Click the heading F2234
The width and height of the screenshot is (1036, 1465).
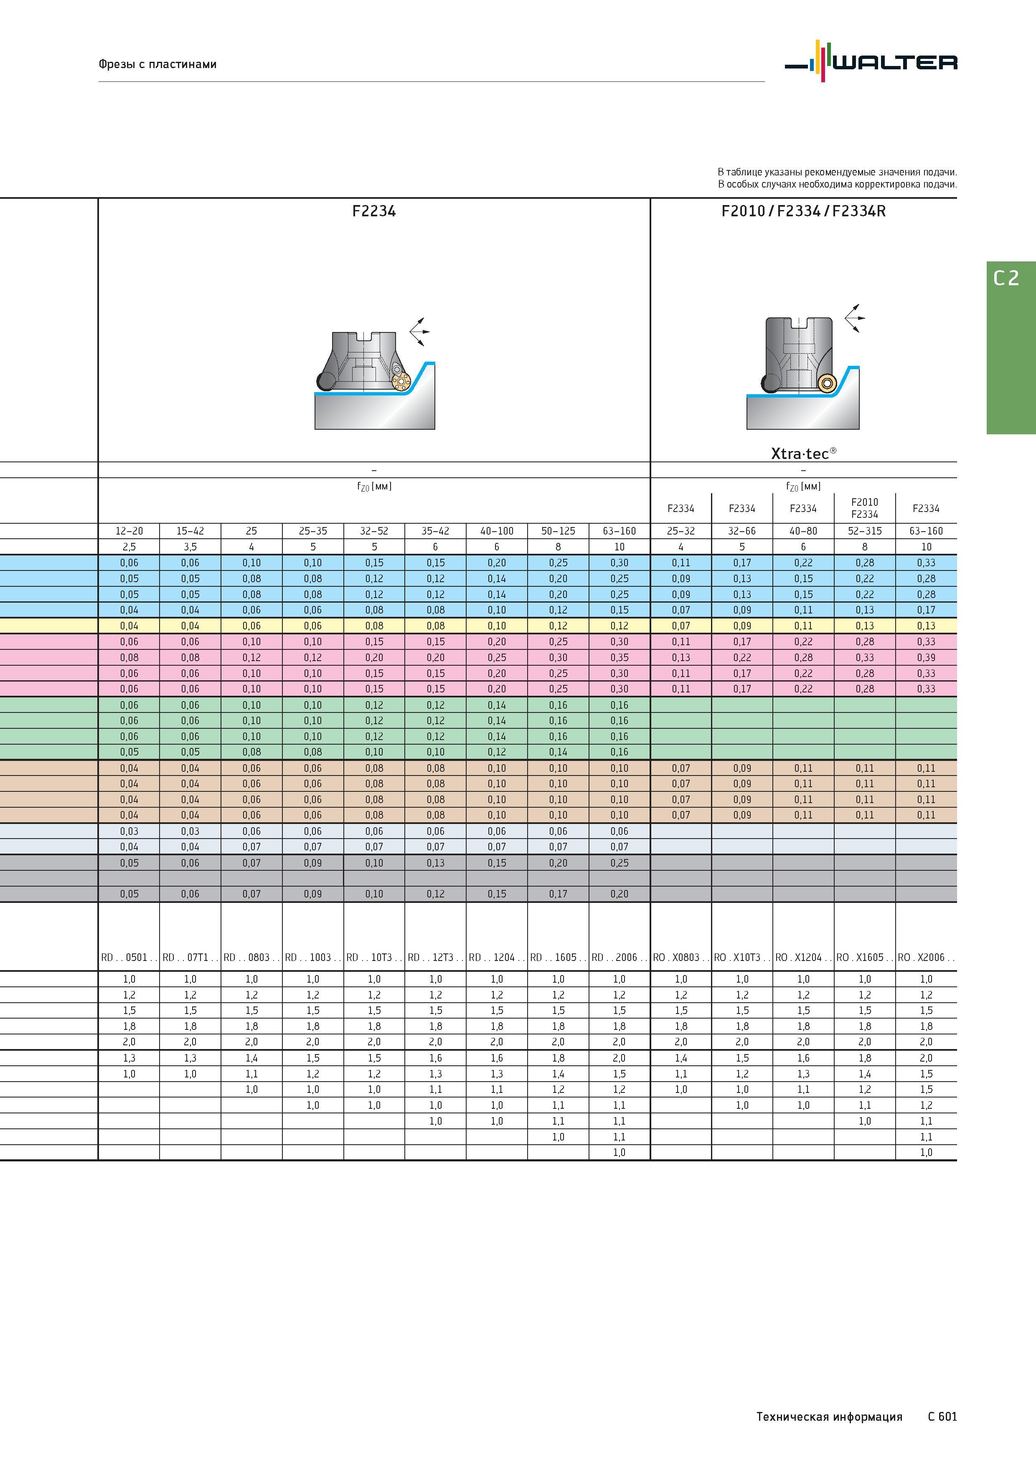click(374, 211)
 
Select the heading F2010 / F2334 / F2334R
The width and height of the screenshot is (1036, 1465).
click(804, 211)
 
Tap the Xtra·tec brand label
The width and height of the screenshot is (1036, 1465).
click(804, 453)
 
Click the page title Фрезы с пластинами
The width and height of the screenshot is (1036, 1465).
click(157, 64)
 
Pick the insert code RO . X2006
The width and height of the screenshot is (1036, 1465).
click(926, 957)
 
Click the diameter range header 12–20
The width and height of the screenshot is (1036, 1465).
click(129, 531)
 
